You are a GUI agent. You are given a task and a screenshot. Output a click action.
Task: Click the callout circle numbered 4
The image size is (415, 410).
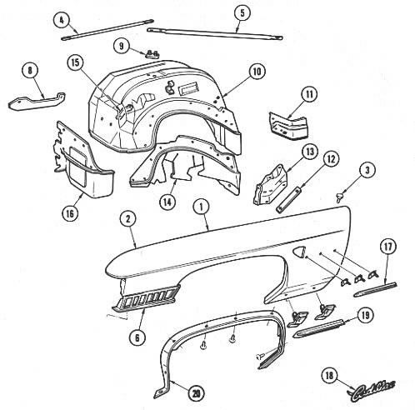pos(62,20)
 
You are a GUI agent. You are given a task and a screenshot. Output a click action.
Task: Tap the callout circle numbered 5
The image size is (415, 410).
pos(242,13)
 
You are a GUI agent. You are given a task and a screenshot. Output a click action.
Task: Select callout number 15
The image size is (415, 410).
pos(76,62)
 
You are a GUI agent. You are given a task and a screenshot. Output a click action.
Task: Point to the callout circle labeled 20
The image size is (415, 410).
pos(197,393)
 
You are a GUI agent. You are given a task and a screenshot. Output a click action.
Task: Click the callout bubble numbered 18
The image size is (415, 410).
pos(329,376)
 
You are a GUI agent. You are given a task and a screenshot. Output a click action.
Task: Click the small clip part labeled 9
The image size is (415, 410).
pos(152,54)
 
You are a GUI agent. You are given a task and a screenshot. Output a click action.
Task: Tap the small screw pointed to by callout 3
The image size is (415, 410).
pos(338,197)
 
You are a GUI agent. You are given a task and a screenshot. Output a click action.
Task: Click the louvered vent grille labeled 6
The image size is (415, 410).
pos(146,298)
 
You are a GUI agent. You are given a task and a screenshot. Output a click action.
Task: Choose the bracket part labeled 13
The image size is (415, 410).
pos(269,185)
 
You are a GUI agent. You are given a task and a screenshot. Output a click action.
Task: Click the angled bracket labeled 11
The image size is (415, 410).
pos(289,127)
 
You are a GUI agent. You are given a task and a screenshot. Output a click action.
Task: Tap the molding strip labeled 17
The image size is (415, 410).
pos(376,289)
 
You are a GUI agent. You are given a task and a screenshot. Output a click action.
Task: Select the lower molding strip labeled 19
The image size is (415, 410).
pos(319,329)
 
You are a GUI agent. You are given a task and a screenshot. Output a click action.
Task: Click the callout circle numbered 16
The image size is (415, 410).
pos(70,213)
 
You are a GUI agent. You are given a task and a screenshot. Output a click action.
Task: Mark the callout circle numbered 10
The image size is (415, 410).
pos(257,72)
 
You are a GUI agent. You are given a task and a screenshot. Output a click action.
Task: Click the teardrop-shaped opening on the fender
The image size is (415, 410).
pos(298,252)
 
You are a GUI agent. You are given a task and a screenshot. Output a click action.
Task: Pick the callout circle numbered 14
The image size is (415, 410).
pos(167,202)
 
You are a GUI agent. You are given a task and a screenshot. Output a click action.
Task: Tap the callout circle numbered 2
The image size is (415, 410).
pos(127,219)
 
